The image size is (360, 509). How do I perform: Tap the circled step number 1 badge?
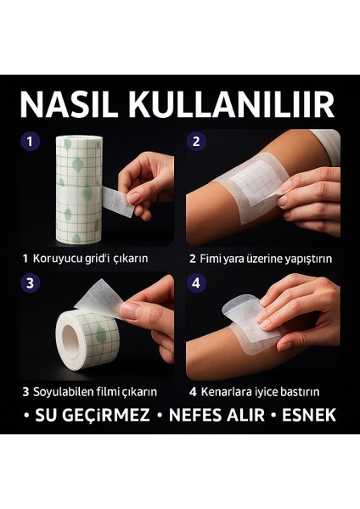pyautogui.click(x=31, y=142)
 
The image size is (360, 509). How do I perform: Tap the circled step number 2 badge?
pyautogui.click(x=197, y=142)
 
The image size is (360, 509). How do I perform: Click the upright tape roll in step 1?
pyautogui.click(x=78, y=188)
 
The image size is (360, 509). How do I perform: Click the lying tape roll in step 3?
pyautogui.click(x=87, y=338)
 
